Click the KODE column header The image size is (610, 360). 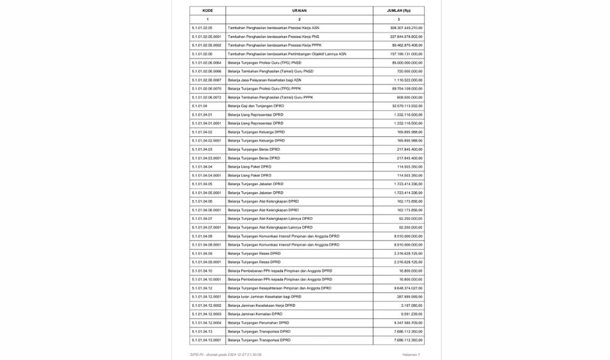tap(207, 11)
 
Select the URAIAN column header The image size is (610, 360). tap(299, 11)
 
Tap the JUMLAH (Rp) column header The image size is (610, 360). tap(399, 11)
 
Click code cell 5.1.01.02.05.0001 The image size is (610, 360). tap(206, 37)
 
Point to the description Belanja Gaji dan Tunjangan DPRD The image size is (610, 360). tap(256, 106)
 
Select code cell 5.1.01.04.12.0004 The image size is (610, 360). tap(206, 323)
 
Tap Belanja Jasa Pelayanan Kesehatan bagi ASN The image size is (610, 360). tap(264, 80)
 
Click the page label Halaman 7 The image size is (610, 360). tap(411, 355)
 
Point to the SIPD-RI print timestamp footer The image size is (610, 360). tap(226, 355)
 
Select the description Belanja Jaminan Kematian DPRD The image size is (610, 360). tap(254, 314)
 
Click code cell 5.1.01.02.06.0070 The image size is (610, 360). tap(206, 88)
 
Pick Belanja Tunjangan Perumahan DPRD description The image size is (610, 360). tap(258, 323)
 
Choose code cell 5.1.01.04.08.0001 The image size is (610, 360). tap(206, 244)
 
